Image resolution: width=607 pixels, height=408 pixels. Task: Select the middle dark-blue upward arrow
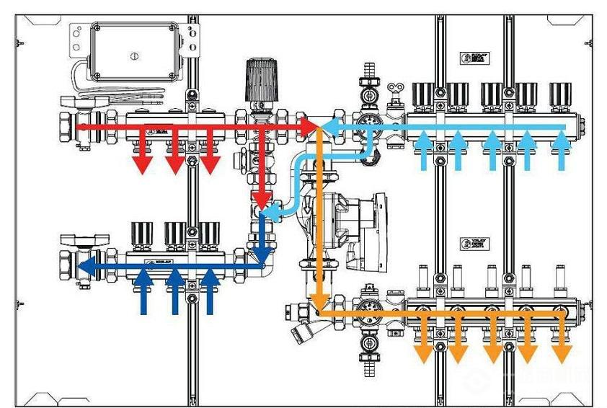pyautogui.click(x=174, y=288)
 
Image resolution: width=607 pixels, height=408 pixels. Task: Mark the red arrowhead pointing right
pyautogui.click(x=310, y=127)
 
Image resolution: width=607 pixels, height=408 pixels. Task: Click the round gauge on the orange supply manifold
pyautogui.click(x=369, y=309)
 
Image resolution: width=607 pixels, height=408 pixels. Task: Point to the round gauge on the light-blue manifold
pyautogui.click(x=369, y=121)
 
